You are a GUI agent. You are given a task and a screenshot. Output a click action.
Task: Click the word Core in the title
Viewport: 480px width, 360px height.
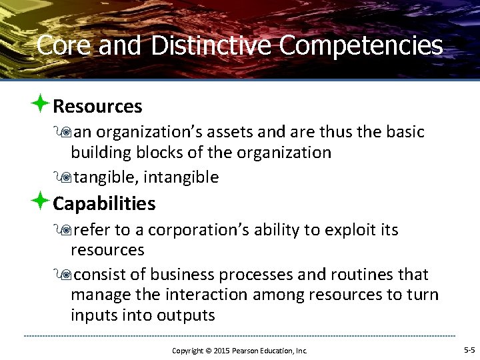(61, 45)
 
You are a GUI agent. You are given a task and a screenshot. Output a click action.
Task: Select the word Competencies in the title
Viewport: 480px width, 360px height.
(361, 45)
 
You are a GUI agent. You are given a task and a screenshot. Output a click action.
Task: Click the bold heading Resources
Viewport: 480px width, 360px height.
(97, 106)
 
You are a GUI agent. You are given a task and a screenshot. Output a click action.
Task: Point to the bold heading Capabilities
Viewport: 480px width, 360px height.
(104, 203)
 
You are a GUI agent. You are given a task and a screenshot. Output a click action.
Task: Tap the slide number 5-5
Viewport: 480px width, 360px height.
(469, 350)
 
